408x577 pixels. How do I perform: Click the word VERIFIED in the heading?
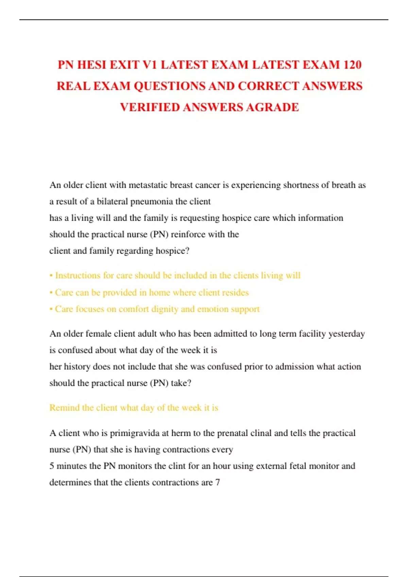(x=150, y=107)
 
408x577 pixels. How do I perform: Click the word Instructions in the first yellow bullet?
(x=78, y=275)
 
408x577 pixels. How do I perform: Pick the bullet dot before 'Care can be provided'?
(x=51, y=293)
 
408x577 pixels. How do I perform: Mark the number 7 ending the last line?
(x=218, y=483)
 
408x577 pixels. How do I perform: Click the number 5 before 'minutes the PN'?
(x=52, y=466)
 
